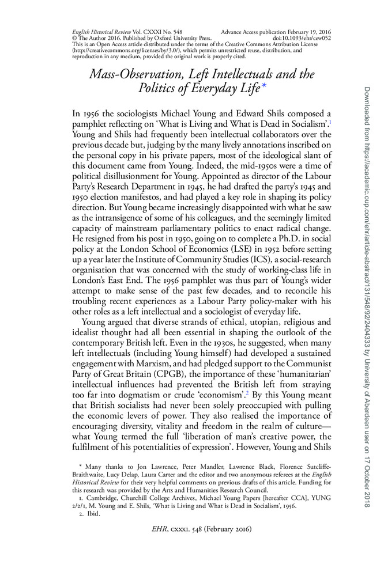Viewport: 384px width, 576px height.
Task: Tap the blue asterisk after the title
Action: pyautogui.click(x=264, y=87)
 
